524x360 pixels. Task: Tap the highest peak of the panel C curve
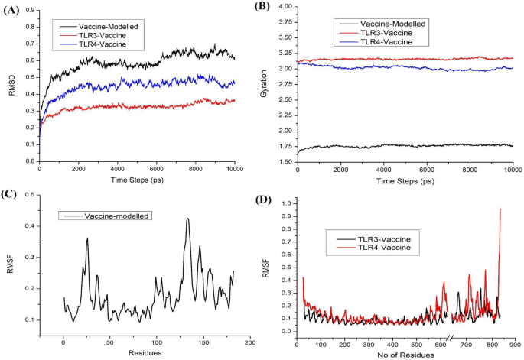pos(187,219)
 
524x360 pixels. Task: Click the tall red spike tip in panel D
pos(500,209)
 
